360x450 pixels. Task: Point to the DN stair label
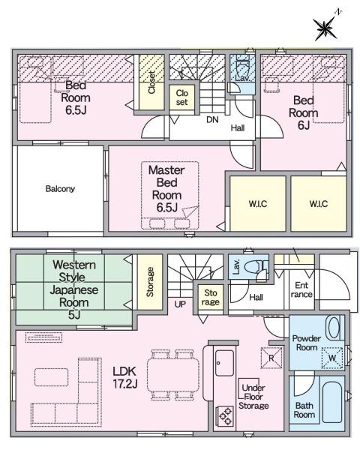[x=212, y=119]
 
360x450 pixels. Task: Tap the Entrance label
[x=302, y=289]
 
